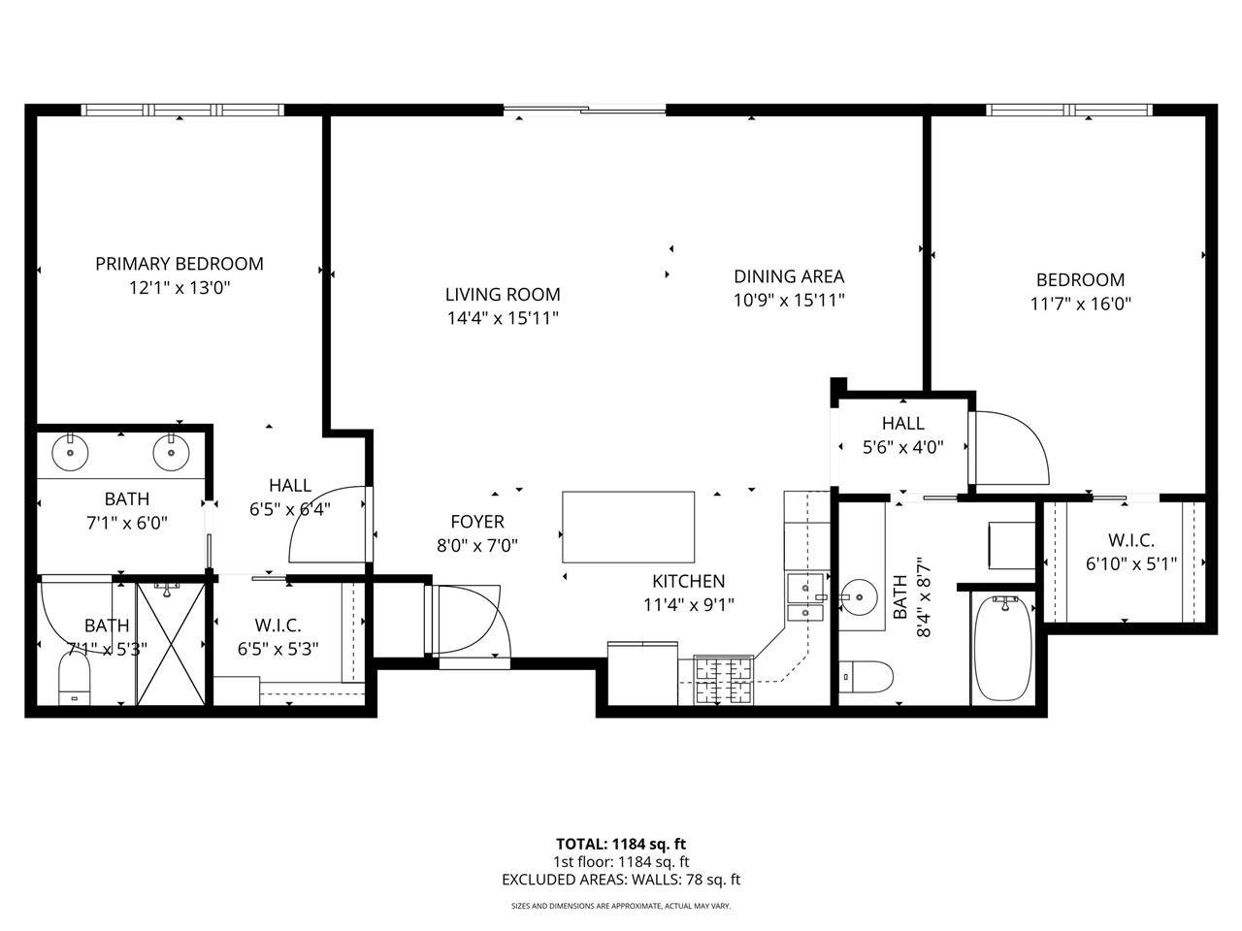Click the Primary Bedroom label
(x=180, y=264)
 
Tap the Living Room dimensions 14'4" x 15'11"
(x=503, y=318)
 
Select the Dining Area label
(x=788, y=276)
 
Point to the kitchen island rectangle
(x=628, y=527)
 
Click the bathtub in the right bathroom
(x=1002, y=648)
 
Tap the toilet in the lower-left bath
(x=74, y=678)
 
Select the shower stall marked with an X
(x=171, y=643)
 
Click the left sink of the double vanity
(x=70, y=452)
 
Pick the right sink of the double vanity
(x=171, y=452)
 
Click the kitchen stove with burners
(x=724, y=680)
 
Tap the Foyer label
(x=476, y=522)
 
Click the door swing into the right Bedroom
(x=1011, y=449)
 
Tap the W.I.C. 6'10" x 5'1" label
(x=1130, y=552)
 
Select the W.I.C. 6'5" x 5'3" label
(x=278, y=637)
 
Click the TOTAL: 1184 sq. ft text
(x=620, y=844)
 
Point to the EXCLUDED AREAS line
(x=620, y=881)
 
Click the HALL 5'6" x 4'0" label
(x=902, y=434)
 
